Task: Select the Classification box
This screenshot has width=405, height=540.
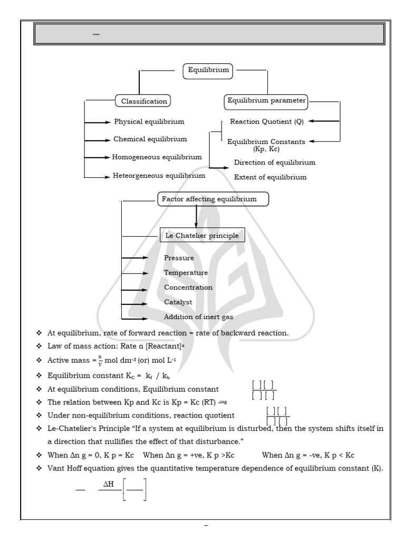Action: [x=144, y=101]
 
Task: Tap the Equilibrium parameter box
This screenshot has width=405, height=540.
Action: [x=266, y=100]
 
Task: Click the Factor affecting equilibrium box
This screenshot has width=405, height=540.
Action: [x=213, y=199]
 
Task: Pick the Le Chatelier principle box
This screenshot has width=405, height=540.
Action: [x=202, y=235]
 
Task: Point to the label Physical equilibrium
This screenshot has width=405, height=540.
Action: [x=149, y=122]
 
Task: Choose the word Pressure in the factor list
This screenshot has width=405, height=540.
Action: [x=179, y=258]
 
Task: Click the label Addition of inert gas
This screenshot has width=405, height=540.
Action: [x=199, y=317]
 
